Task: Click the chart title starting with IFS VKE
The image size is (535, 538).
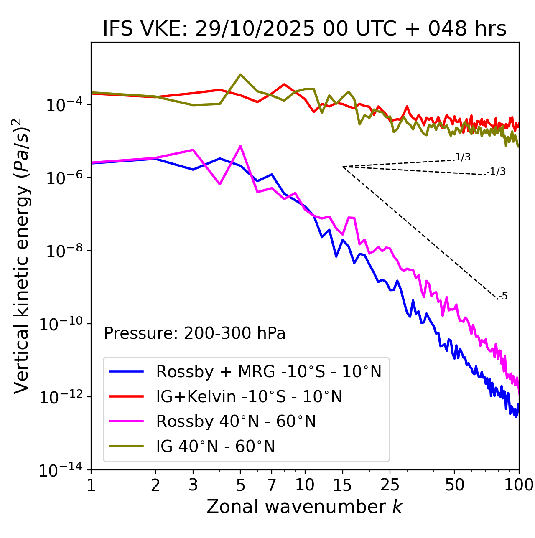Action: [305, 29]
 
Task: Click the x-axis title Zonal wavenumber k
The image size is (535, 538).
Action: [305, 506]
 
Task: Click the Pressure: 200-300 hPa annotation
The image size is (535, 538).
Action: [195, 333]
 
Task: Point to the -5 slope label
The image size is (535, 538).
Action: [503, 296]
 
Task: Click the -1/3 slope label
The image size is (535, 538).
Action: [497, 172]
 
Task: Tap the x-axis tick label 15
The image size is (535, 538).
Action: [342, 485]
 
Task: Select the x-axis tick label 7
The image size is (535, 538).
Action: [272, 485]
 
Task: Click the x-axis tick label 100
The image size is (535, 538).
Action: [519, 485]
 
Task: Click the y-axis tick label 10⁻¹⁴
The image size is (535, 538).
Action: [61, 470]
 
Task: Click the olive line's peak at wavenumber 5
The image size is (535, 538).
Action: [240, 74]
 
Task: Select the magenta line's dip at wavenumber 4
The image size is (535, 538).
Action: [220, 184]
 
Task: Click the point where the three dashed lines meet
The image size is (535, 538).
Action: [343, 167]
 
